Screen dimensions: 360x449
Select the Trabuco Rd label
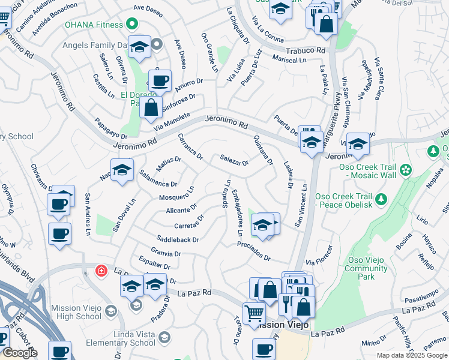[x=306, y=52]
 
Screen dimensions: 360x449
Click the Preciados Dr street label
[x=254, y=251]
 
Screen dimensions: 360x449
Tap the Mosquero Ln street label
[x=176, y=193]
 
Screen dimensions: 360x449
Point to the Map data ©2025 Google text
[x=412, y=355]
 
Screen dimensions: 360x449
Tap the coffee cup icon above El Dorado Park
[x=160, y=80]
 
